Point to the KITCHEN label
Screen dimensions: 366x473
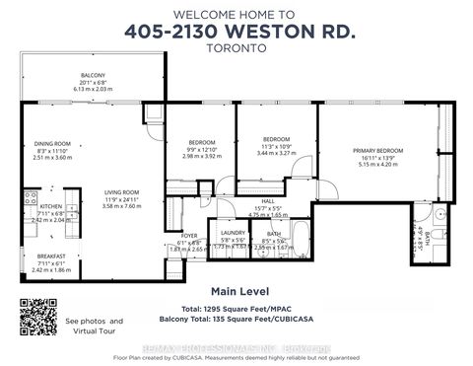(36, 193)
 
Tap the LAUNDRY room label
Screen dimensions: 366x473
(233, 233)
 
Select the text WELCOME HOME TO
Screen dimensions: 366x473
(236, 14)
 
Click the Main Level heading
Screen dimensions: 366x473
(236, 292)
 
